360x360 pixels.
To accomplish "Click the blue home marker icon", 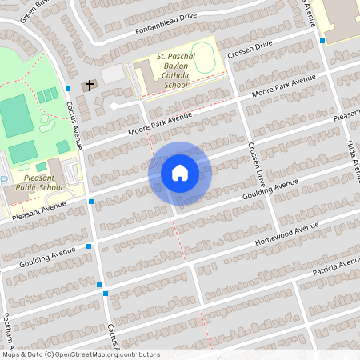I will point(179,173).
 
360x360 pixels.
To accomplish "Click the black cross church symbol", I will point(90,84).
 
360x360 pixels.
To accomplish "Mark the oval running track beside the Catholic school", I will point(203,57).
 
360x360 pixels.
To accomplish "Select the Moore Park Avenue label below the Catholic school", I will point(159,125).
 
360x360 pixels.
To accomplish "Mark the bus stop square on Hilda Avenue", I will point(322,40).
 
